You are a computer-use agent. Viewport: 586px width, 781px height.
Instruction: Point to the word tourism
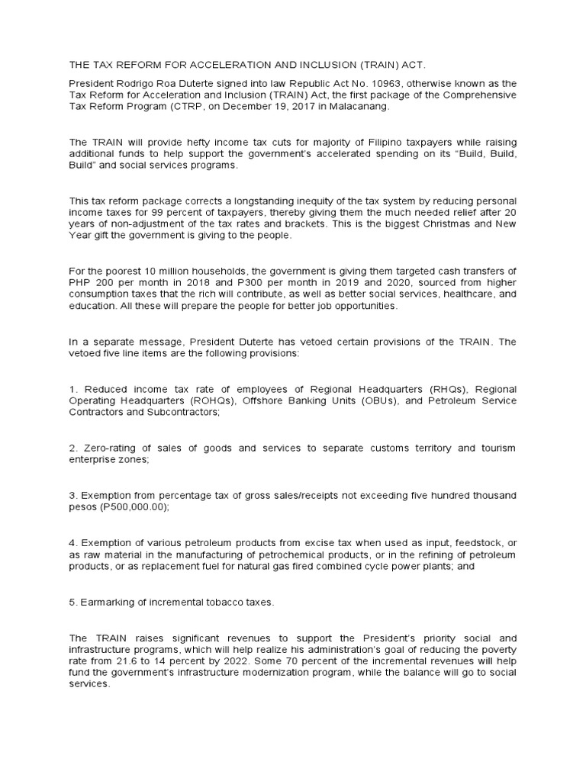497,448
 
